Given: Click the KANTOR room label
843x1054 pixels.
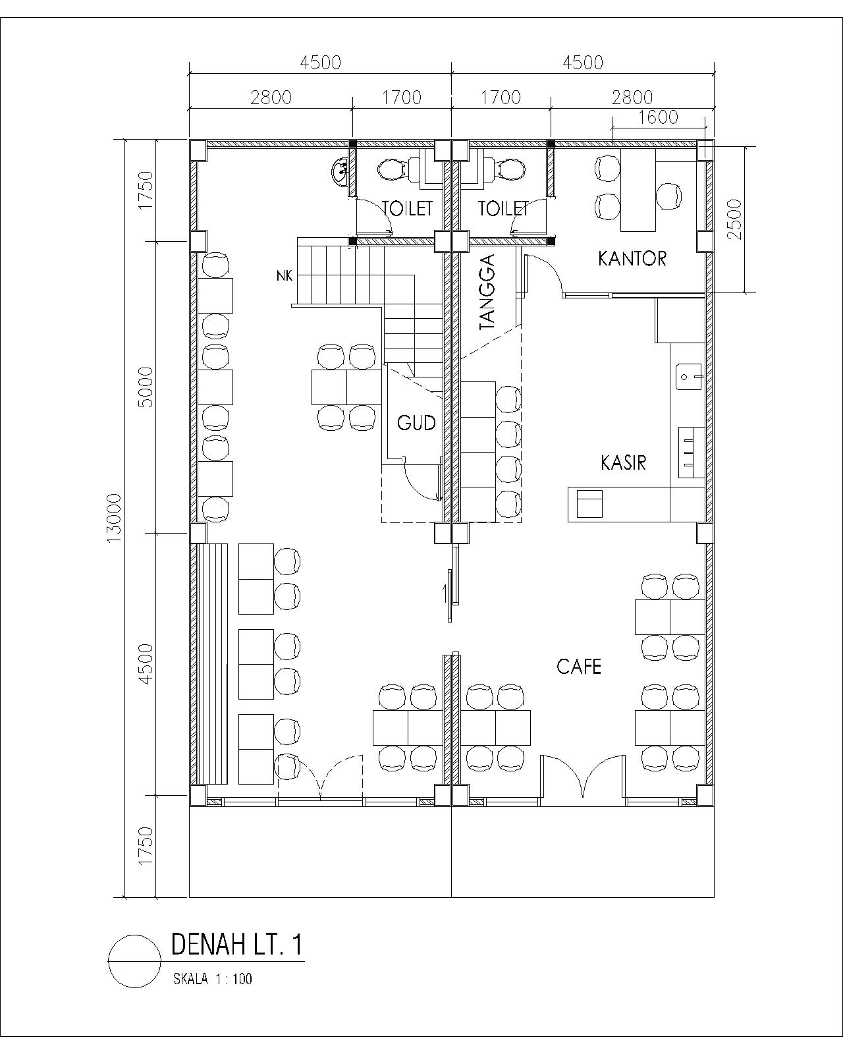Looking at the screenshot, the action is pyautogui.click(x=632, y=258).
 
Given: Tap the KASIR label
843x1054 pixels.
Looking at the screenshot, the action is pyautogui.click(x=623, y=462).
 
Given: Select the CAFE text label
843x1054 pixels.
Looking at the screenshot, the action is pyautogui.click(x=578, y=666).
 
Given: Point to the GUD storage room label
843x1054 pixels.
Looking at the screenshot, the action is pyautogui.click(x=416, y=422).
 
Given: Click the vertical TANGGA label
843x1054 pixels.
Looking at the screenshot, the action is pyautogui.click(x=487, y=291).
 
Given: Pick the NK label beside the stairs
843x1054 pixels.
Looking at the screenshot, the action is pyautogui.click(x=284, y=276).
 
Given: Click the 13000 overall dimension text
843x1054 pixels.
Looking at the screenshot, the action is pyautogui.click(x=113, y=518).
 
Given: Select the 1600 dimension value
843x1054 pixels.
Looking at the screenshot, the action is pyautogui.click(x=659, y=117).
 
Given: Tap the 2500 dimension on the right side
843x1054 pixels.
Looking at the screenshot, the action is pyautogui.click(x=734, y=219).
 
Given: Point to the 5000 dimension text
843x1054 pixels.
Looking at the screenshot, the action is pyautogui.click(x=146, y=387).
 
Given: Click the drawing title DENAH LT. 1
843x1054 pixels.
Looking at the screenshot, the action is pyautogui.click(x=237, y=945).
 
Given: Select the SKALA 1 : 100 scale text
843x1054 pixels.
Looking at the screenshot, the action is pyautogui.click(x=213, y=979).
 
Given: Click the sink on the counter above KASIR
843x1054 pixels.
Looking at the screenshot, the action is pyautogui.click(x=689, y=377).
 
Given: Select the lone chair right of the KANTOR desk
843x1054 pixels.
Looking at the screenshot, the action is pyautogui.click(x=668, y=196).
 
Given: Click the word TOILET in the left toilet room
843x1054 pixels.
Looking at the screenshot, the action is pyautogui.click(x=408, y=209).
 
